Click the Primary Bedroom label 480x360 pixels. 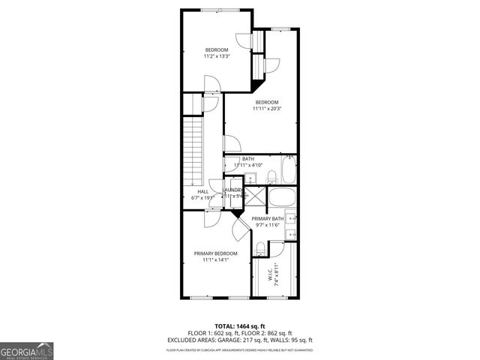pyautogui.click(x=216, y=253)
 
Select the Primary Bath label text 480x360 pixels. pyautogui.click(x=267, y=218)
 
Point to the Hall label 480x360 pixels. pyautogui.click(x=203, y=192)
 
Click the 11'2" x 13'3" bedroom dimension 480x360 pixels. pyautogui.click(x=217, y=56)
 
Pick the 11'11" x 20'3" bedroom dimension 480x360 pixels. pyautogui.click(x=267, y=109)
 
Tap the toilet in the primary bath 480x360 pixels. pyautogui.click(x=260, y=249)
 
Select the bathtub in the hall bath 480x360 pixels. pyautogui.click(x=289, y=172)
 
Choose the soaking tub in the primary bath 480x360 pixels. pyautogui.click(x=282, y=199)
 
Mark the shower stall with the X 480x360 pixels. pyautogui.click(x=255, y=197)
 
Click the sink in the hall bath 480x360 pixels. pyautogui.click(x=250, y=178)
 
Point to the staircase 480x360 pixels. pyautogui.click(x=196, y=150)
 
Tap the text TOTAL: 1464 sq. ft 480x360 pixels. pyautogui.click(x=240, y=326)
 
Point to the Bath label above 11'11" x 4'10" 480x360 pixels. pyautogui.click(x=247, y=159)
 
